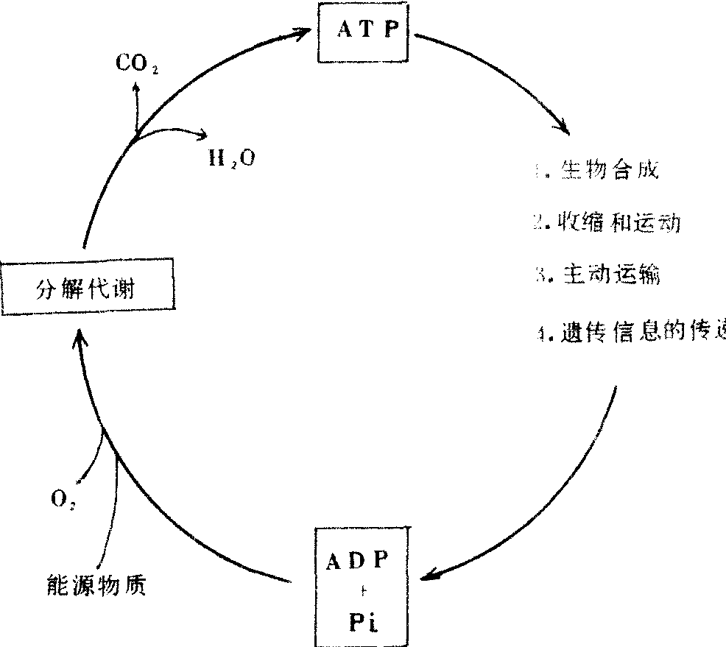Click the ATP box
367,32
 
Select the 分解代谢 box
89,285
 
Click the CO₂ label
137,64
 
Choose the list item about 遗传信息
633,331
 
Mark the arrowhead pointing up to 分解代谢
80,339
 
